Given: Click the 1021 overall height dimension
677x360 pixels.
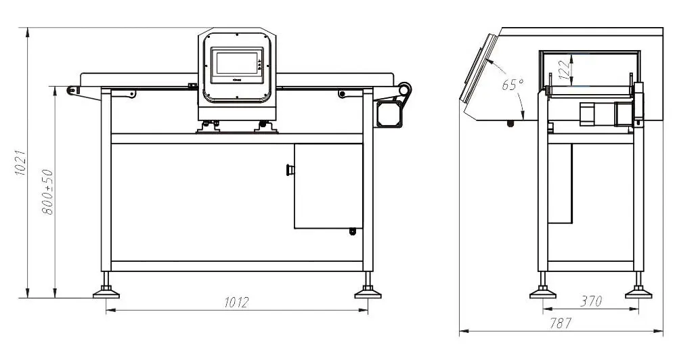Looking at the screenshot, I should pyautogui.click(x=20, y=162).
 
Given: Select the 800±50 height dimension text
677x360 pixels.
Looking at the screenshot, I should pyautogui.click(x=47, y=192).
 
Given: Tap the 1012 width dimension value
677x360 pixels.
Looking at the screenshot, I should pyautogui.click(x=236, y=302).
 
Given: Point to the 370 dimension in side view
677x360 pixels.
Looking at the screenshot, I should pyautogui.click(x=590, y=302).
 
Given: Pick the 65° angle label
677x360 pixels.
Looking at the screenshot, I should pyautogui.click(x=512, y=85).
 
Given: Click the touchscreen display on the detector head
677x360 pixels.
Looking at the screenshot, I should pyautogui.click(x=236, y=66).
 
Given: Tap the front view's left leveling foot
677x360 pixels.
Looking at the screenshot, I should pyautogui.click(x=106, y=292).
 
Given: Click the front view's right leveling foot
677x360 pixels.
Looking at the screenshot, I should pyautogui.click(x=368, y=292).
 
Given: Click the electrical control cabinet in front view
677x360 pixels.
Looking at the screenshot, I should pyautogui.click(x=328, y=186).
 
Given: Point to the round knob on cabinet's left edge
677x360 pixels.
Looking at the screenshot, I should pyautogui.click(x=291, y=169).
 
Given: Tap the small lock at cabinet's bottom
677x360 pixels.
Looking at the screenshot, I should pyautogui.click(x=352, y=232).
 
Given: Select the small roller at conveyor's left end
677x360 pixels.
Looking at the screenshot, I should pyautogui.click(x=70, y=90).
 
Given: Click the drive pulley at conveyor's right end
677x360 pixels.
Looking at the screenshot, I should pyautogui.click(x=405, y=90).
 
